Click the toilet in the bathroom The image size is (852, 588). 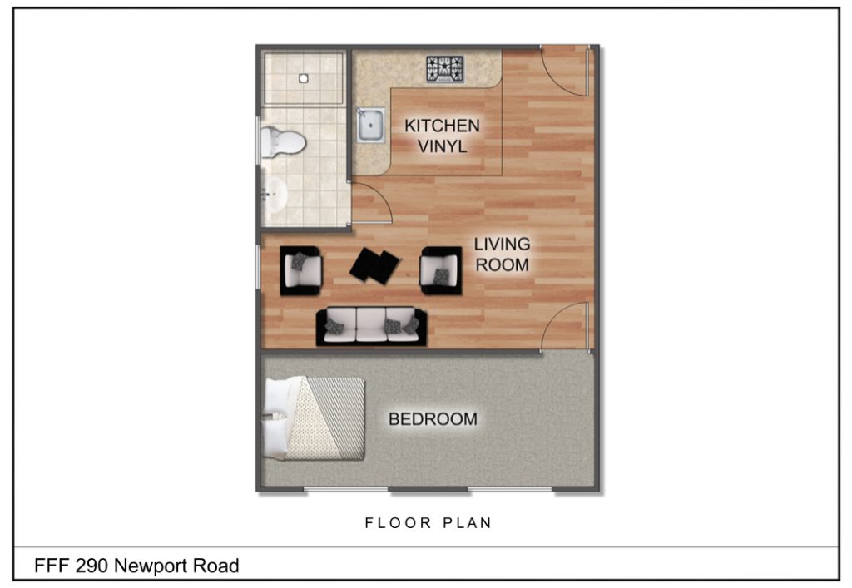(x=280, y=141)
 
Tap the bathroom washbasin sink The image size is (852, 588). (x=274, y=195)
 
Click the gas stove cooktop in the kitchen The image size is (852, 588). (x=445, y=68)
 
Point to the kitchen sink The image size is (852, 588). (x=370, y=126)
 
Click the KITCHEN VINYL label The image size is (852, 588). (x=442, y=136)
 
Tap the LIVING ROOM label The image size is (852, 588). (x=502, y=254)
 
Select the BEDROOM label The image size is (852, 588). (x=433, y=419)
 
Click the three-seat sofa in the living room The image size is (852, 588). (x=371, y=327)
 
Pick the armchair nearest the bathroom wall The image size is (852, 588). (x=300, y=270)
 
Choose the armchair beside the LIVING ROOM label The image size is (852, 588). (x=440, y=270)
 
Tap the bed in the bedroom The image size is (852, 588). (x=316, y=419)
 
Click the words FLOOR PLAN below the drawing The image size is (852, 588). (x=428, y=523)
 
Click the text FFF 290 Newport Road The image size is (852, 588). (x=136, y=566)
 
